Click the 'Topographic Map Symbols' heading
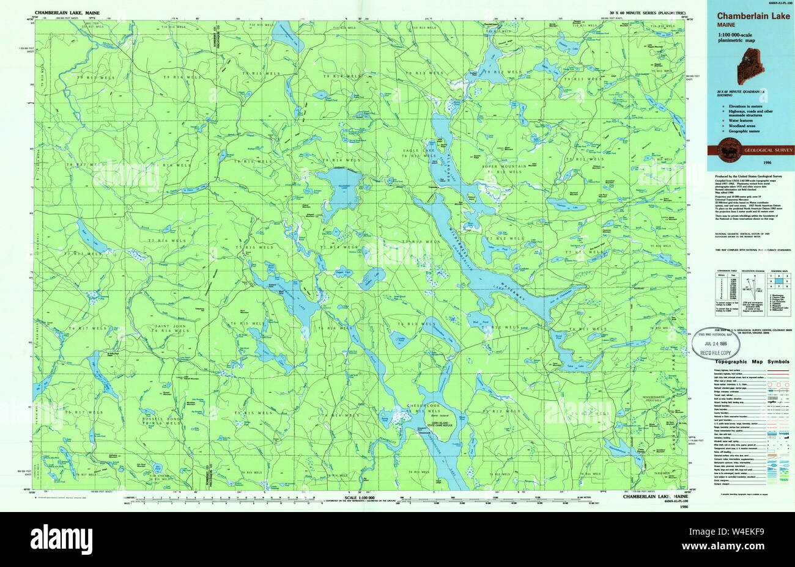pyautogui.click(x=752, y=362)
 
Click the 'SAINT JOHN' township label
pyautogui.click(x=171, y=326)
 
